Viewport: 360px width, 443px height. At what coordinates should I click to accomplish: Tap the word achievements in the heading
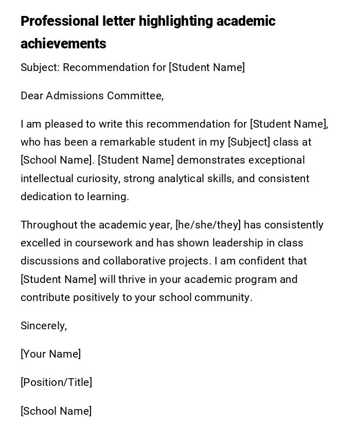(63, 44)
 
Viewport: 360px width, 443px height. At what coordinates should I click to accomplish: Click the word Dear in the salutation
(32, 96)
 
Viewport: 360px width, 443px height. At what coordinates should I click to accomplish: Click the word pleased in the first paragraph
(61, 124)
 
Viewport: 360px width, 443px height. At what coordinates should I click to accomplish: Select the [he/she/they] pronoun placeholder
(208, 225)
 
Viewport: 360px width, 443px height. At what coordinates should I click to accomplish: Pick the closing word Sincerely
(44, 326)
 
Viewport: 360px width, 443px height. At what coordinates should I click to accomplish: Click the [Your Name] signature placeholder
(51, 354)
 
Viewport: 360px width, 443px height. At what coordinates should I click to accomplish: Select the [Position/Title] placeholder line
(57, 382)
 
